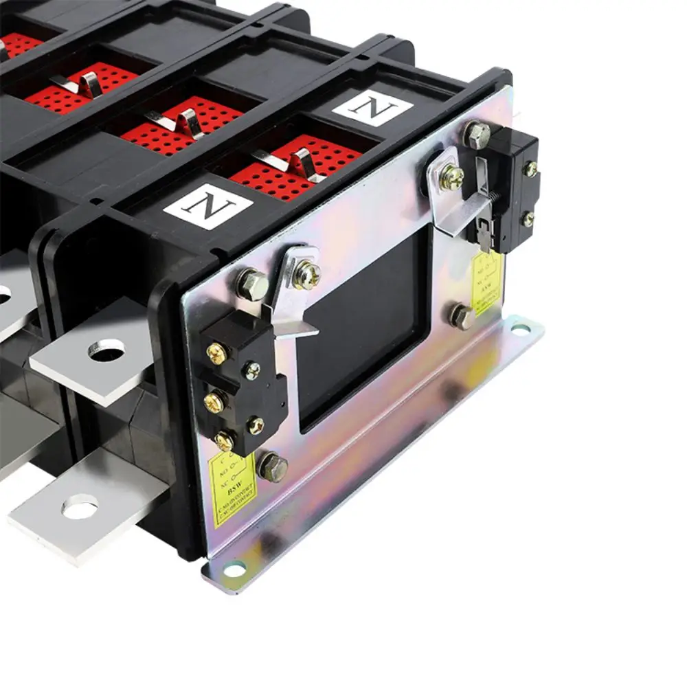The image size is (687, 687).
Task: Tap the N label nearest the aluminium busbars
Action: click(x=207, y=205)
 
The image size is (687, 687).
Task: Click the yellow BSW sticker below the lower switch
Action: click(x=231, y=489)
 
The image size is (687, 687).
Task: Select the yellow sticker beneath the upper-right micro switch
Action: click(x=487, y=282)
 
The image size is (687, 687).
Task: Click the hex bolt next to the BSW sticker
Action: click(x=272, y=467)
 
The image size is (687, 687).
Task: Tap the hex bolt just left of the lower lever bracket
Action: click(x=251, y=283)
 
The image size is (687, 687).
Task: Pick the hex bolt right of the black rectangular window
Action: click(x=461, y=316)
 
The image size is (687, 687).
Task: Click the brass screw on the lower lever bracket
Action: click(x=306, y=275)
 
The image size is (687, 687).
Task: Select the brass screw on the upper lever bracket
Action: click(x=451, y=177)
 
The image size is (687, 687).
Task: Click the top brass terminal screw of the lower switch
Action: click(x=216, y=354)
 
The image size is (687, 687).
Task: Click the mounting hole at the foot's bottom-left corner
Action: click(x=234, y=570)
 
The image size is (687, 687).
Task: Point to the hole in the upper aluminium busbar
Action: click(x=106, y=350)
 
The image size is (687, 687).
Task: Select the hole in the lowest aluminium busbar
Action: click(x=80, y=509)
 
